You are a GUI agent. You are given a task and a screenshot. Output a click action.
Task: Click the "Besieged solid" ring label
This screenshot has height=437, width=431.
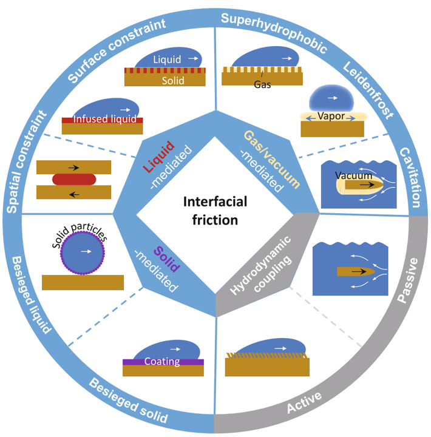(128, 402)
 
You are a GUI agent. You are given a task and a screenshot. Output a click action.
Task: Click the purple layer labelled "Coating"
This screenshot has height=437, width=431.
(162, 362)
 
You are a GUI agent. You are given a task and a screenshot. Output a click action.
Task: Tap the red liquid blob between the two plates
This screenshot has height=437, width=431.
(73, 179)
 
